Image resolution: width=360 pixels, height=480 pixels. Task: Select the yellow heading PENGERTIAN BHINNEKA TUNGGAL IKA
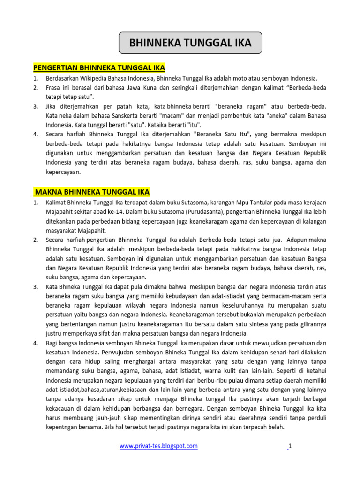(x=99, y=67)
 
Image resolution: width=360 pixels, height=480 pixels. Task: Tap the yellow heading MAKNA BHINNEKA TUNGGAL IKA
(x=92, y=192)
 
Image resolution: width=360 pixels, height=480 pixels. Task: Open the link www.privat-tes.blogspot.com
(x=158, y=446)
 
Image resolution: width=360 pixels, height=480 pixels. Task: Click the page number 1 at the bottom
(x=290, y=446)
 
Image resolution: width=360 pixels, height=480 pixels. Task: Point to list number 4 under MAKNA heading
(x=36, y=343)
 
